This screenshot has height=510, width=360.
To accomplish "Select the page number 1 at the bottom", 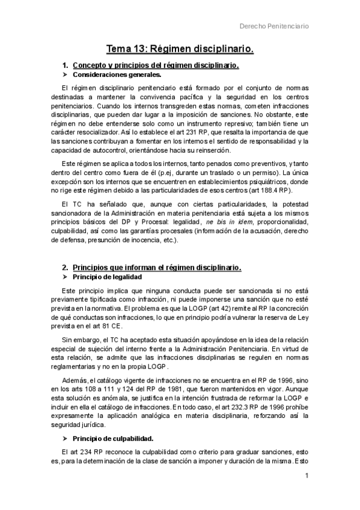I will pos(307,476).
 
